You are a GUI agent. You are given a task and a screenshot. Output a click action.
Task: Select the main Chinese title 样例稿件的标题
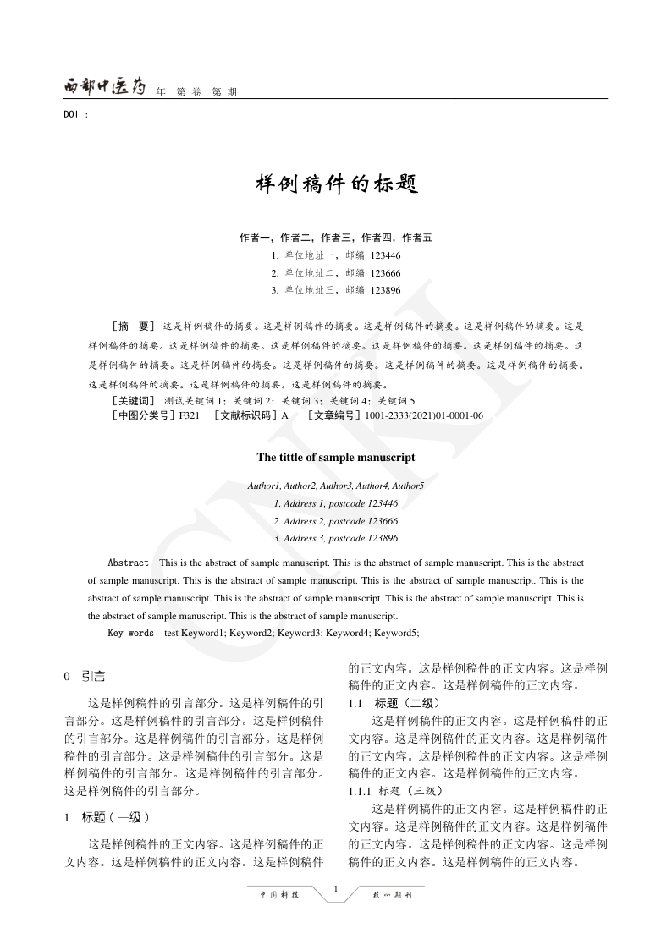336,184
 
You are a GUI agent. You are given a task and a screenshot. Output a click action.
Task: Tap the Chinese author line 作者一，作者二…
336,238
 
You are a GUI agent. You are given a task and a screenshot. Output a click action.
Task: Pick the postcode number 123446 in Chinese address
385,255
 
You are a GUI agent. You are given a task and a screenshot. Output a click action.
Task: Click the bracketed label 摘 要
133,326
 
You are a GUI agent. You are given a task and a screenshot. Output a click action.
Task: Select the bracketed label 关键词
133,400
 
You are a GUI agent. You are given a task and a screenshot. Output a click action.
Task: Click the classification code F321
190,415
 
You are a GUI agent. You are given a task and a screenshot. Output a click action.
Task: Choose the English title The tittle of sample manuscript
336,457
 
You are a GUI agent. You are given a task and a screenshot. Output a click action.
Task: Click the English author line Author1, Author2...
336,486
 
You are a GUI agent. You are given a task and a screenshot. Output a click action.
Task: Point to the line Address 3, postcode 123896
336,538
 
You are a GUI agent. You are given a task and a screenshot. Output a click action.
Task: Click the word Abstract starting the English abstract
128,563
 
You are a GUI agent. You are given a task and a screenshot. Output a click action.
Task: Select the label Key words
130,633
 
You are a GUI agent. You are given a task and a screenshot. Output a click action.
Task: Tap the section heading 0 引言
85,676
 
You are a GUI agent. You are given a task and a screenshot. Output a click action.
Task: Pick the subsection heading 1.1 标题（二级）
394,703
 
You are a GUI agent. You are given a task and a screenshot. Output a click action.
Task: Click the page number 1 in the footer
336,887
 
